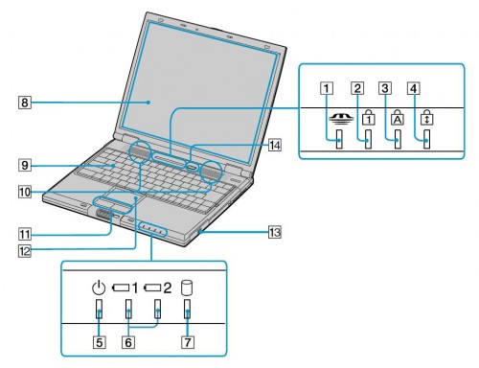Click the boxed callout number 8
click(x=25, y=103)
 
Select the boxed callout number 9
click(x=25, y=165)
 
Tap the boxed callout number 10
click(x=25, y=192)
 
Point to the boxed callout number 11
click(x=25, y=235)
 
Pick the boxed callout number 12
click(x=25, y=251)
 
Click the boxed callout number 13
click(x=275, y=232)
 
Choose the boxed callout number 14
click(x=275, y=146)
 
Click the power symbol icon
click(x=99, y=287)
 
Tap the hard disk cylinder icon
click(x=187, y=287)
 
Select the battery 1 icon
click(x=125, y=288)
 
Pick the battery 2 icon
click(x=157, y=288)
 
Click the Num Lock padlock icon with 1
click(x=369, y=117)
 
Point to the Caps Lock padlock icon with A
click(x=398, y=117)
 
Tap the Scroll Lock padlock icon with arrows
click(x=427, y=117)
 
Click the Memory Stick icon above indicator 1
click(x=341, y=118)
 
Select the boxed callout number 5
click(x=100, y=342)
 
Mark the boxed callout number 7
click(x=188, y=342)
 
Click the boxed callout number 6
click(x=128, y=342)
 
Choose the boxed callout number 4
click(x=414, y=88)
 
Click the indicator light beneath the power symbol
click(x=99, y=309)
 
